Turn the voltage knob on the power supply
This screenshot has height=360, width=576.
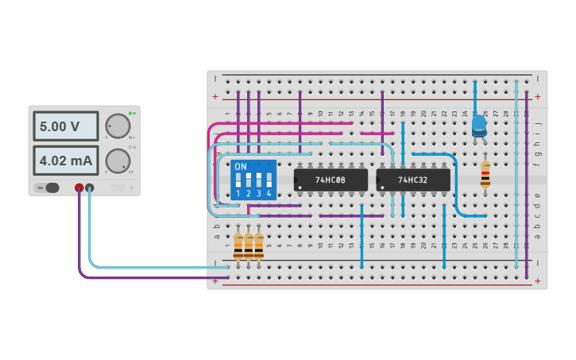[x=118, y=126]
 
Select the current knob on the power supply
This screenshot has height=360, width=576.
[x=118, y=161]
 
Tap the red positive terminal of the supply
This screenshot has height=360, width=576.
[x=79, y=188]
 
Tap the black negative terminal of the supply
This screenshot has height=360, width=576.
[x=90, y=188]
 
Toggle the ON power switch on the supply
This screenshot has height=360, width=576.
[x=48, y=188]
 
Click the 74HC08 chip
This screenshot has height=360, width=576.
[x=331, y=180]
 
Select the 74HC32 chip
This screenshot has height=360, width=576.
[x=413, y=180]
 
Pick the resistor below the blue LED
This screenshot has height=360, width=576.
[x=485, y=175]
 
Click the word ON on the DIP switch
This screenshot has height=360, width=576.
[x=240, y=167]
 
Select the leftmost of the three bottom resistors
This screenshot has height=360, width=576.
[x=238, y=245]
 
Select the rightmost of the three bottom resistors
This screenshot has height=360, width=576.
[x=258, y=245]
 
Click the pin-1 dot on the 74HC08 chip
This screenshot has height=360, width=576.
[x=300, y=188]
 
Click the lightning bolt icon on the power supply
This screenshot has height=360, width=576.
[x=132, y=189]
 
